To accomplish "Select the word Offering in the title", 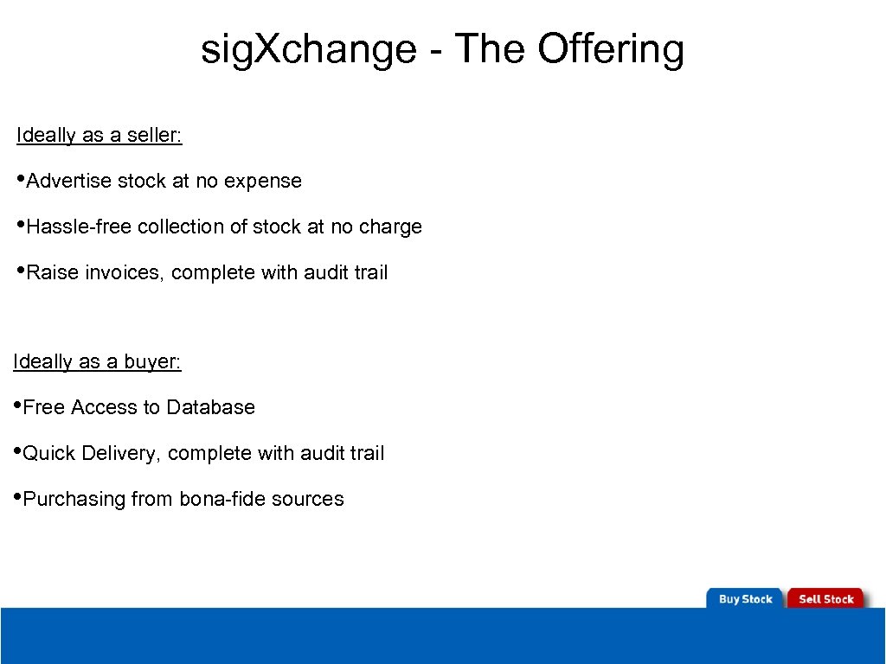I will pyautogui.click(x=610, y=49).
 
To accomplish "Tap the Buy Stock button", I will pyautogui.click(x=745, y=599).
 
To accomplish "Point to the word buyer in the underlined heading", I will pyautogui.click(x=152, y=361).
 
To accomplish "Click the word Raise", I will pyautogui.click(x=53, y=273).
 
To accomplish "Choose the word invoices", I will pyautogui.click(x=125, y=273).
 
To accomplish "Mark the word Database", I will pyautogui.click(x=210, y=408).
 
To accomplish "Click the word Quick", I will pyautogui.click(x=49, y=454).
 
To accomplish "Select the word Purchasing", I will pyautogui.click(x=74, y=500).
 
